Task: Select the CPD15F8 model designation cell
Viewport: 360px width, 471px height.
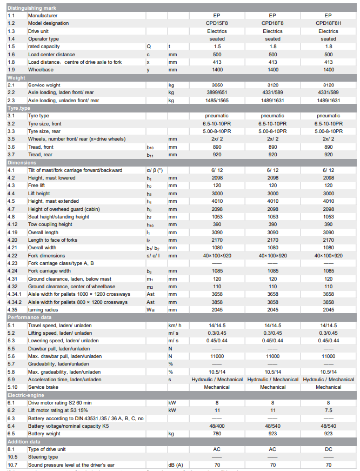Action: [x=217, y=23]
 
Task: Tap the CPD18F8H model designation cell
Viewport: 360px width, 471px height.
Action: [x=328, y=23]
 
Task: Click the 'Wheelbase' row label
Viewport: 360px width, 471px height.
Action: [x=41, y=70]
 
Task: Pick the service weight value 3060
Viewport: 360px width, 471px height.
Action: [x=217, y=85]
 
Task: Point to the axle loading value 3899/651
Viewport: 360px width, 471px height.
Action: [x=217, y=93]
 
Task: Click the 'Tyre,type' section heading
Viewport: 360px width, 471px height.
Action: [x=20, y=109]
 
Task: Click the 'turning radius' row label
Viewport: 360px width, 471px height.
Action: [x=43, y=310]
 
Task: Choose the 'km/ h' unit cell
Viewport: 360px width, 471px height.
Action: [x=174, y=326]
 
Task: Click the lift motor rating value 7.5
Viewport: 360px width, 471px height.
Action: [x=328, y=410]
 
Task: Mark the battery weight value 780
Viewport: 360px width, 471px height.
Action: [x=217, y=434]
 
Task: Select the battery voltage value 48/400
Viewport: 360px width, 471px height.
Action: [x=217, y=426]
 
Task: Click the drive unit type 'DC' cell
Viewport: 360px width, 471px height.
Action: [x=328, y=449]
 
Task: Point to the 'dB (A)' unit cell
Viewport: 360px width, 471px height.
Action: [x=176, y=465]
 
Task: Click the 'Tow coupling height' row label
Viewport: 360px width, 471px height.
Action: [x=50, y=224]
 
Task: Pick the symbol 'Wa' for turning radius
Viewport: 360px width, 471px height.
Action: [x=151, y=310]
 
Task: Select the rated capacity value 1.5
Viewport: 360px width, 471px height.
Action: [x=217, y=47]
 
